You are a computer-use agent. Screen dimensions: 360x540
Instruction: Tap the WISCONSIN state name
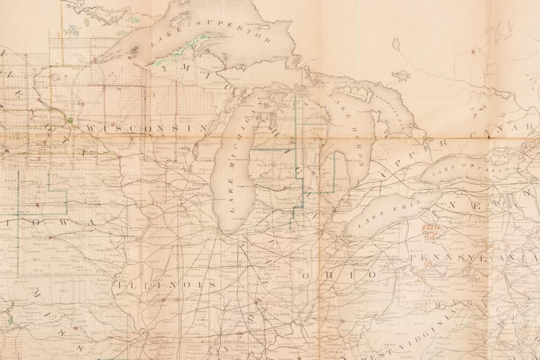click(x=146, y=128)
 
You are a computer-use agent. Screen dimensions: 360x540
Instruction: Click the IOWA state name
click(x=49, y=222)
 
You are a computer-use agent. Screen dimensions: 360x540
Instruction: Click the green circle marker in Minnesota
click(x=70, y=120)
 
